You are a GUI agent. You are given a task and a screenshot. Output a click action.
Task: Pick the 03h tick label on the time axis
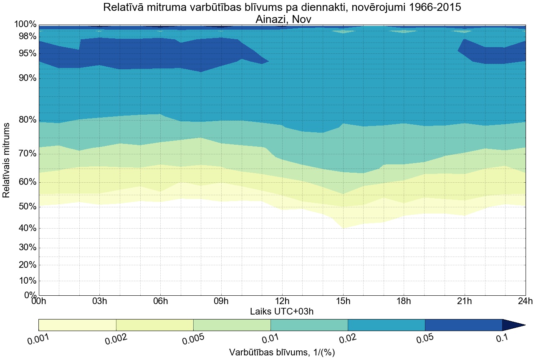[x=99, y=302]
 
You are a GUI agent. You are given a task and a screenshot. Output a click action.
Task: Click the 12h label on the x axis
[x=282, y=302]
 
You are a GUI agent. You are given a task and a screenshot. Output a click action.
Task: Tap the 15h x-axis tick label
[x=343, y=302]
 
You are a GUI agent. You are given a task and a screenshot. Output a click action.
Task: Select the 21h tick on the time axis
[x=465, y=302]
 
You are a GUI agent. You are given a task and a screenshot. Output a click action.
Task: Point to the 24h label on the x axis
[x=525, y=302]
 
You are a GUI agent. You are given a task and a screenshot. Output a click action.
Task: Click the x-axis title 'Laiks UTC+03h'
[x=282, y=312]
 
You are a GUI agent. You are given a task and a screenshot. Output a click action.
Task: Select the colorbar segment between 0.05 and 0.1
[x=463, y=325]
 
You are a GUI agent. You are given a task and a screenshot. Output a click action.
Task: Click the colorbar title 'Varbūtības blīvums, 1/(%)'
[x=282, y=352]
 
